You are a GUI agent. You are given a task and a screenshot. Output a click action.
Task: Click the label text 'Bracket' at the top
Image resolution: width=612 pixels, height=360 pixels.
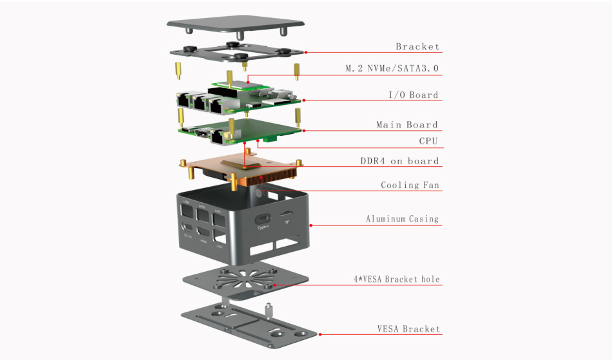(417, 46)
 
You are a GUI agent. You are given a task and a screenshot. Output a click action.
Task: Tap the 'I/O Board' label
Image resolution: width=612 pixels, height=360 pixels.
(413, 95)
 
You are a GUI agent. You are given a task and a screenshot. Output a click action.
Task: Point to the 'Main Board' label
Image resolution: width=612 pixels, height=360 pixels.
(407, 125)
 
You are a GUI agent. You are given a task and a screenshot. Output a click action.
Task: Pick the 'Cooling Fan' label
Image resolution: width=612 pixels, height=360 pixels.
(410, 185)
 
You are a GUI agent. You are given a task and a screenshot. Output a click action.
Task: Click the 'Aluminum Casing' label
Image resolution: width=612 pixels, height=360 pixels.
(403, 219)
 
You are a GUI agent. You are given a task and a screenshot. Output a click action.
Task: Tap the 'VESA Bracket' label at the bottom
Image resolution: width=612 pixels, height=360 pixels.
(409, 329)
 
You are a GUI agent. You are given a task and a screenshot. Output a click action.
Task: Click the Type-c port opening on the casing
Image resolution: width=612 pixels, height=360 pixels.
(263, 218)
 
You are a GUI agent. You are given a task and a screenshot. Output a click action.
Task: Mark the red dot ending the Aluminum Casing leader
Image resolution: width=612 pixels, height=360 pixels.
(311, 225)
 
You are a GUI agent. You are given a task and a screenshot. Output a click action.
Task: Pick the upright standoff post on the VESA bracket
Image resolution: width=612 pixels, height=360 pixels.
(266, 309)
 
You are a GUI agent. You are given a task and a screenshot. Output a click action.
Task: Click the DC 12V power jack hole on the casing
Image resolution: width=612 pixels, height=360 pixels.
(188, 227)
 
